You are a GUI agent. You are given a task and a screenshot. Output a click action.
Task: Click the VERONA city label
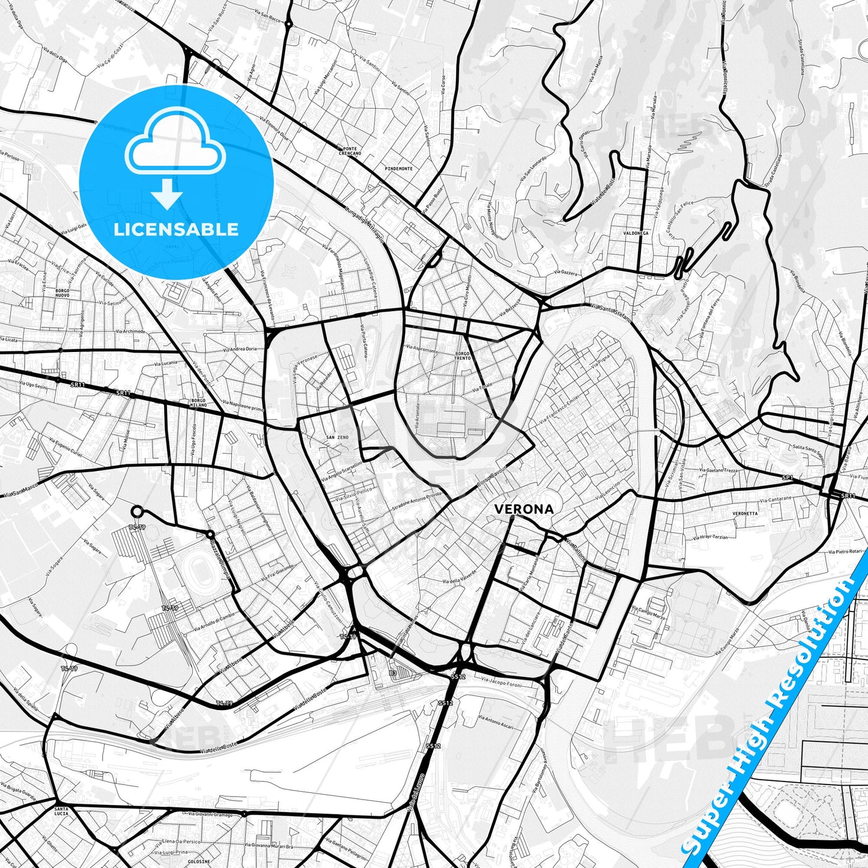pos(524,509)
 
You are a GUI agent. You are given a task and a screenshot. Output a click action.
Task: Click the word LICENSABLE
pos(176,229)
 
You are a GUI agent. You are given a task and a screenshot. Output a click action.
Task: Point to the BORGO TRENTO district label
pos(463,356)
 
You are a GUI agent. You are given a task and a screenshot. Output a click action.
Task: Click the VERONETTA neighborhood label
pos(745,514)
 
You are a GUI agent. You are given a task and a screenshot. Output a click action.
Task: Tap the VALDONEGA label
pos(636,232)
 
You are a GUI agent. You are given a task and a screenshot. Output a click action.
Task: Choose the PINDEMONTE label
pos(399,169)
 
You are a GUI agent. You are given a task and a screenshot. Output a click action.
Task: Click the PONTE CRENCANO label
pos(350,151)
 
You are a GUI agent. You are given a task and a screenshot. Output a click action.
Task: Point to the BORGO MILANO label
pos(199,402)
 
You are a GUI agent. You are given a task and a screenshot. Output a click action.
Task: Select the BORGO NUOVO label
pos(62,293)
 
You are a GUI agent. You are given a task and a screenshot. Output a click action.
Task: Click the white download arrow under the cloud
pos(167,194)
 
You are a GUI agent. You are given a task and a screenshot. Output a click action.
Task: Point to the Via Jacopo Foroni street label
pos(502,683)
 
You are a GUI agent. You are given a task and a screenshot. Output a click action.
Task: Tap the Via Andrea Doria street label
pos(240,348)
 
